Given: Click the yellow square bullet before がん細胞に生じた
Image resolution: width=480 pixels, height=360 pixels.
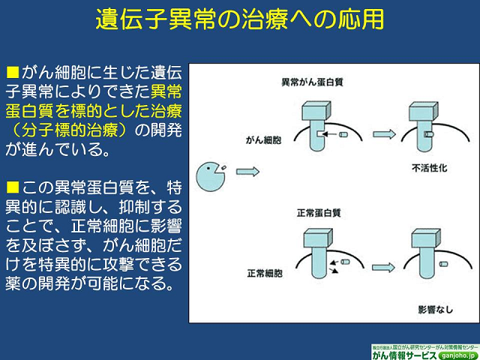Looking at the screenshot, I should [x=11, y=73].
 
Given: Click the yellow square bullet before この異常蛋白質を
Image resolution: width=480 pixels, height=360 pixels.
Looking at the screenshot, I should [x=11, y=186].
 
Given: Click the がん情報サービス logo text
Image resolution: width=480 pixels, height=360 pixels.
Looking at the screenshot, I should [x=406, y=354].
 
